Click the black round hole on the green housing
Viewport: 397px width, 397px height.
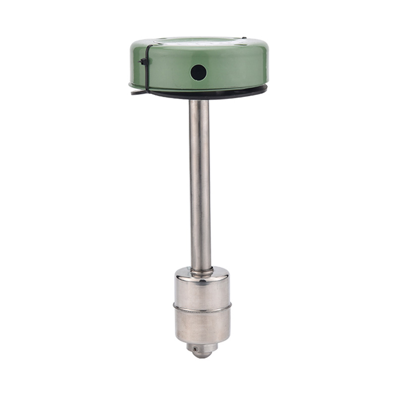(x=198, y=72)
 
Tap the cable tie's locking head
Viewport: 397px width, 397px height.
(x=143, y=62)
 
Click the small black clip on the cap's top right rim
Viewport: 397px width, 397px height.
(x=244, y=39)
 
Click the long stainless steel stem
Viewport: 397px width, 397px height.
(x=199, y=184)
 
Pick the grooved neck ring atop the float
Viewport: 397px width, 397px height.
(x=201, y=271)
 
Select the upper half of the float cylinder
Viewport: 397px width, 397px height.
(x=202, y=293)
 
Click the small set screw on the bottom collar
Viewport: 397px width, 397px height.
(x=196, y=349)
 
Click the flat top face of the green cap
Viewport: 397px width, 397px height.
(x=198, y=42)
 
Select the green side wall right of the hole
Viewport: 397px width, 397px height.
(x=233, y=69)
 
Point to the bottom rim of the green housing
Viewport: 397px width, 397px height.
(x=198, y=90)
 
